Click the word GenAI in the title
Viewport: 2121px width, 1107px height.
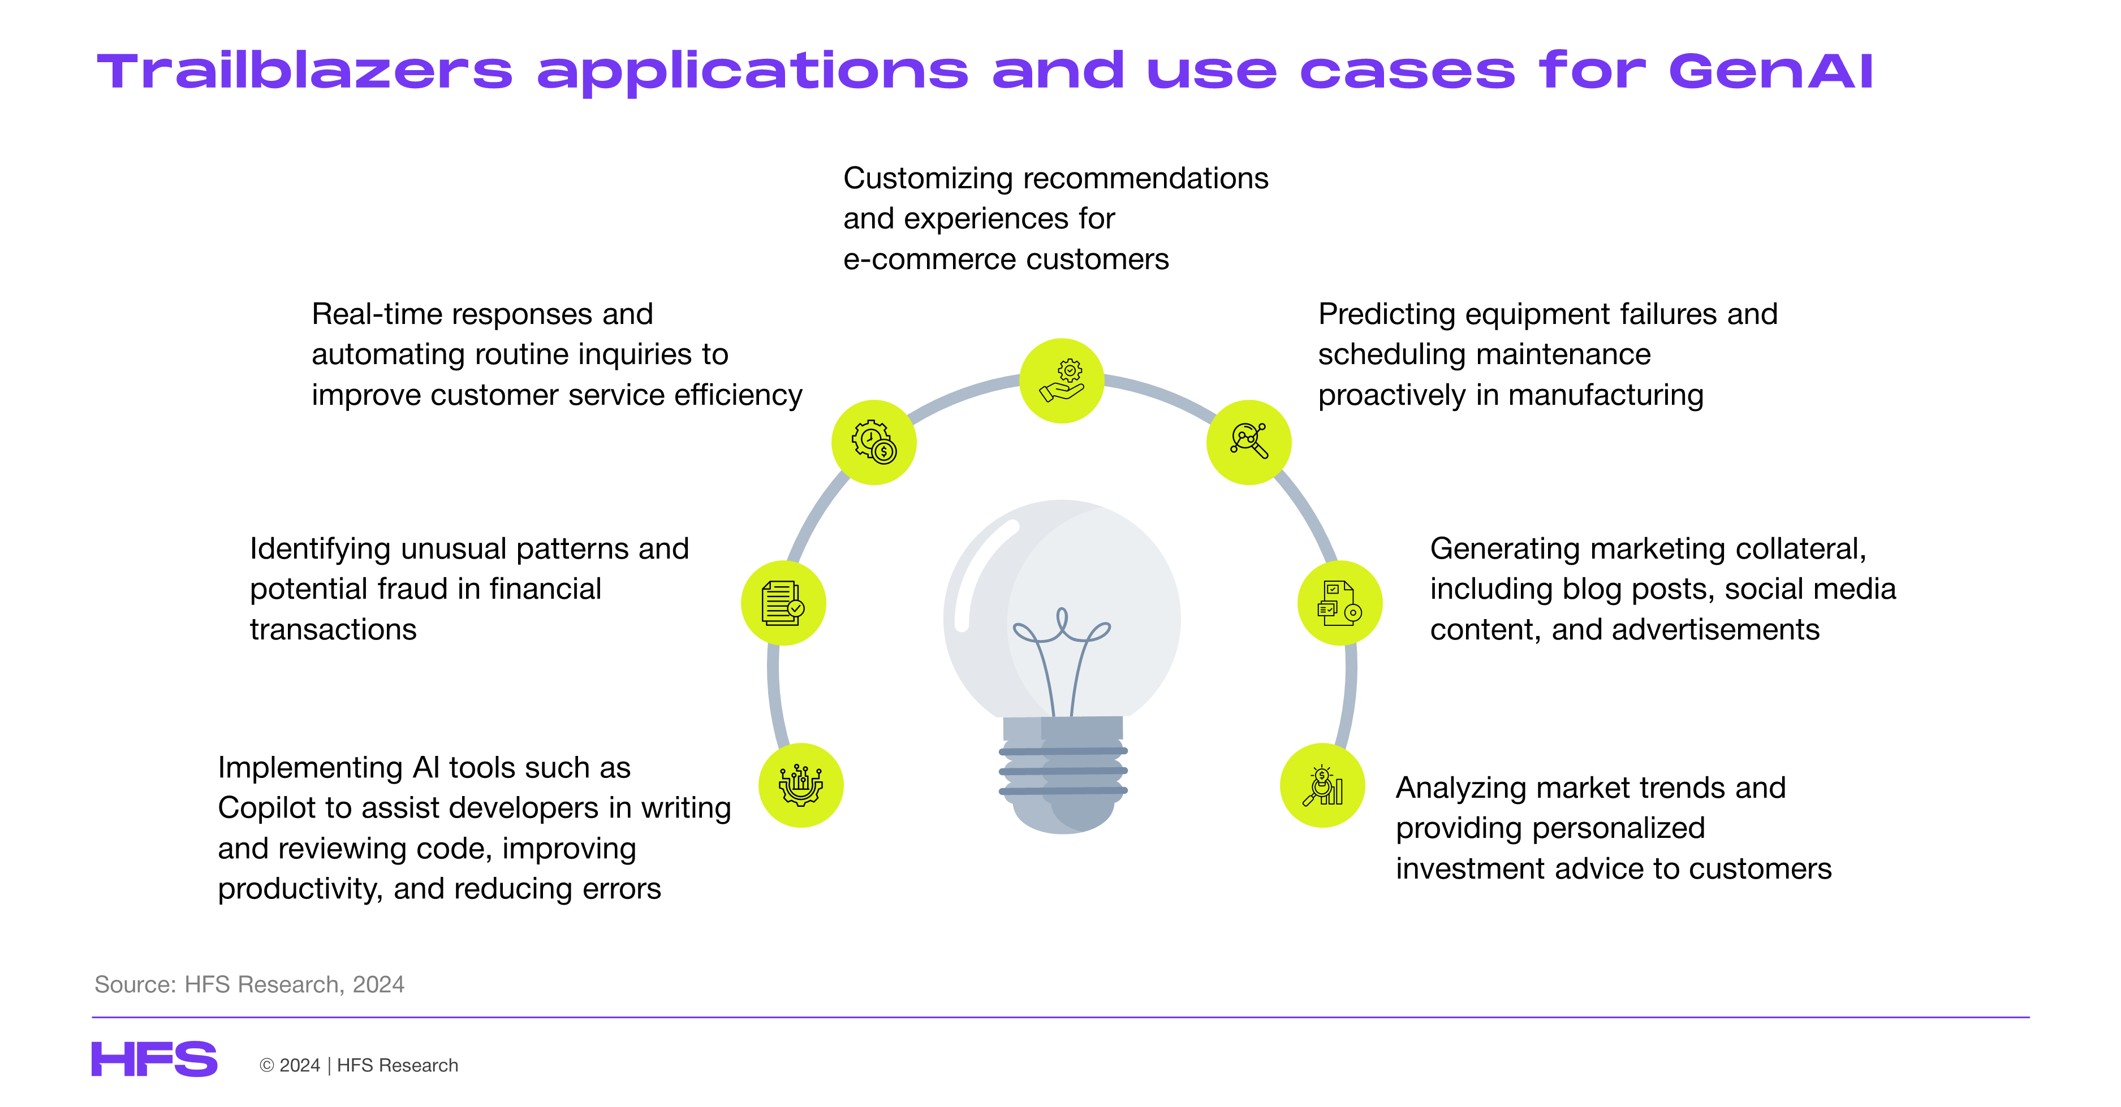point(1771,71)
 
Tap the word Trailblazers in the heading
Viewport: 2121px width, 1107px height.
point(305,71)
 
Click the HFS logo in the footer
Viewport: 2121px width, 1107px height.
point(154,1060)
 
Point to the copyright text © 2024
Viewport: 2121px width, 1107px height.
point(290,1065)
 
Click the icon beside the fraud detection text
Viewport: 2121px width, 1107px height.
point(783,603)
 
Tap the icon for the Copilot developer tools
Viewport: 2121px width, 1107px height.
point(801,785)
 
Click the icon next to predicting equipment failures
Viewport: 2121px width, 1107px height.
point(1249,442)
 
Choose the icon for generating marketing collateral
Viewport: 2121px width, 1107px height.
point(1339,603)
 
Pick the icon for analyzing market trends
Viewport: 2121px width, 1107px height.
point(1322,785)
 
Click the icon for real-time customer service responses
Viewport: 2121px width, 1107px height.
point(874,442)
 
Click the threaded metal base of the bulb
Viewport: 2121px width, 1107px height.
point(1063,773)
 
